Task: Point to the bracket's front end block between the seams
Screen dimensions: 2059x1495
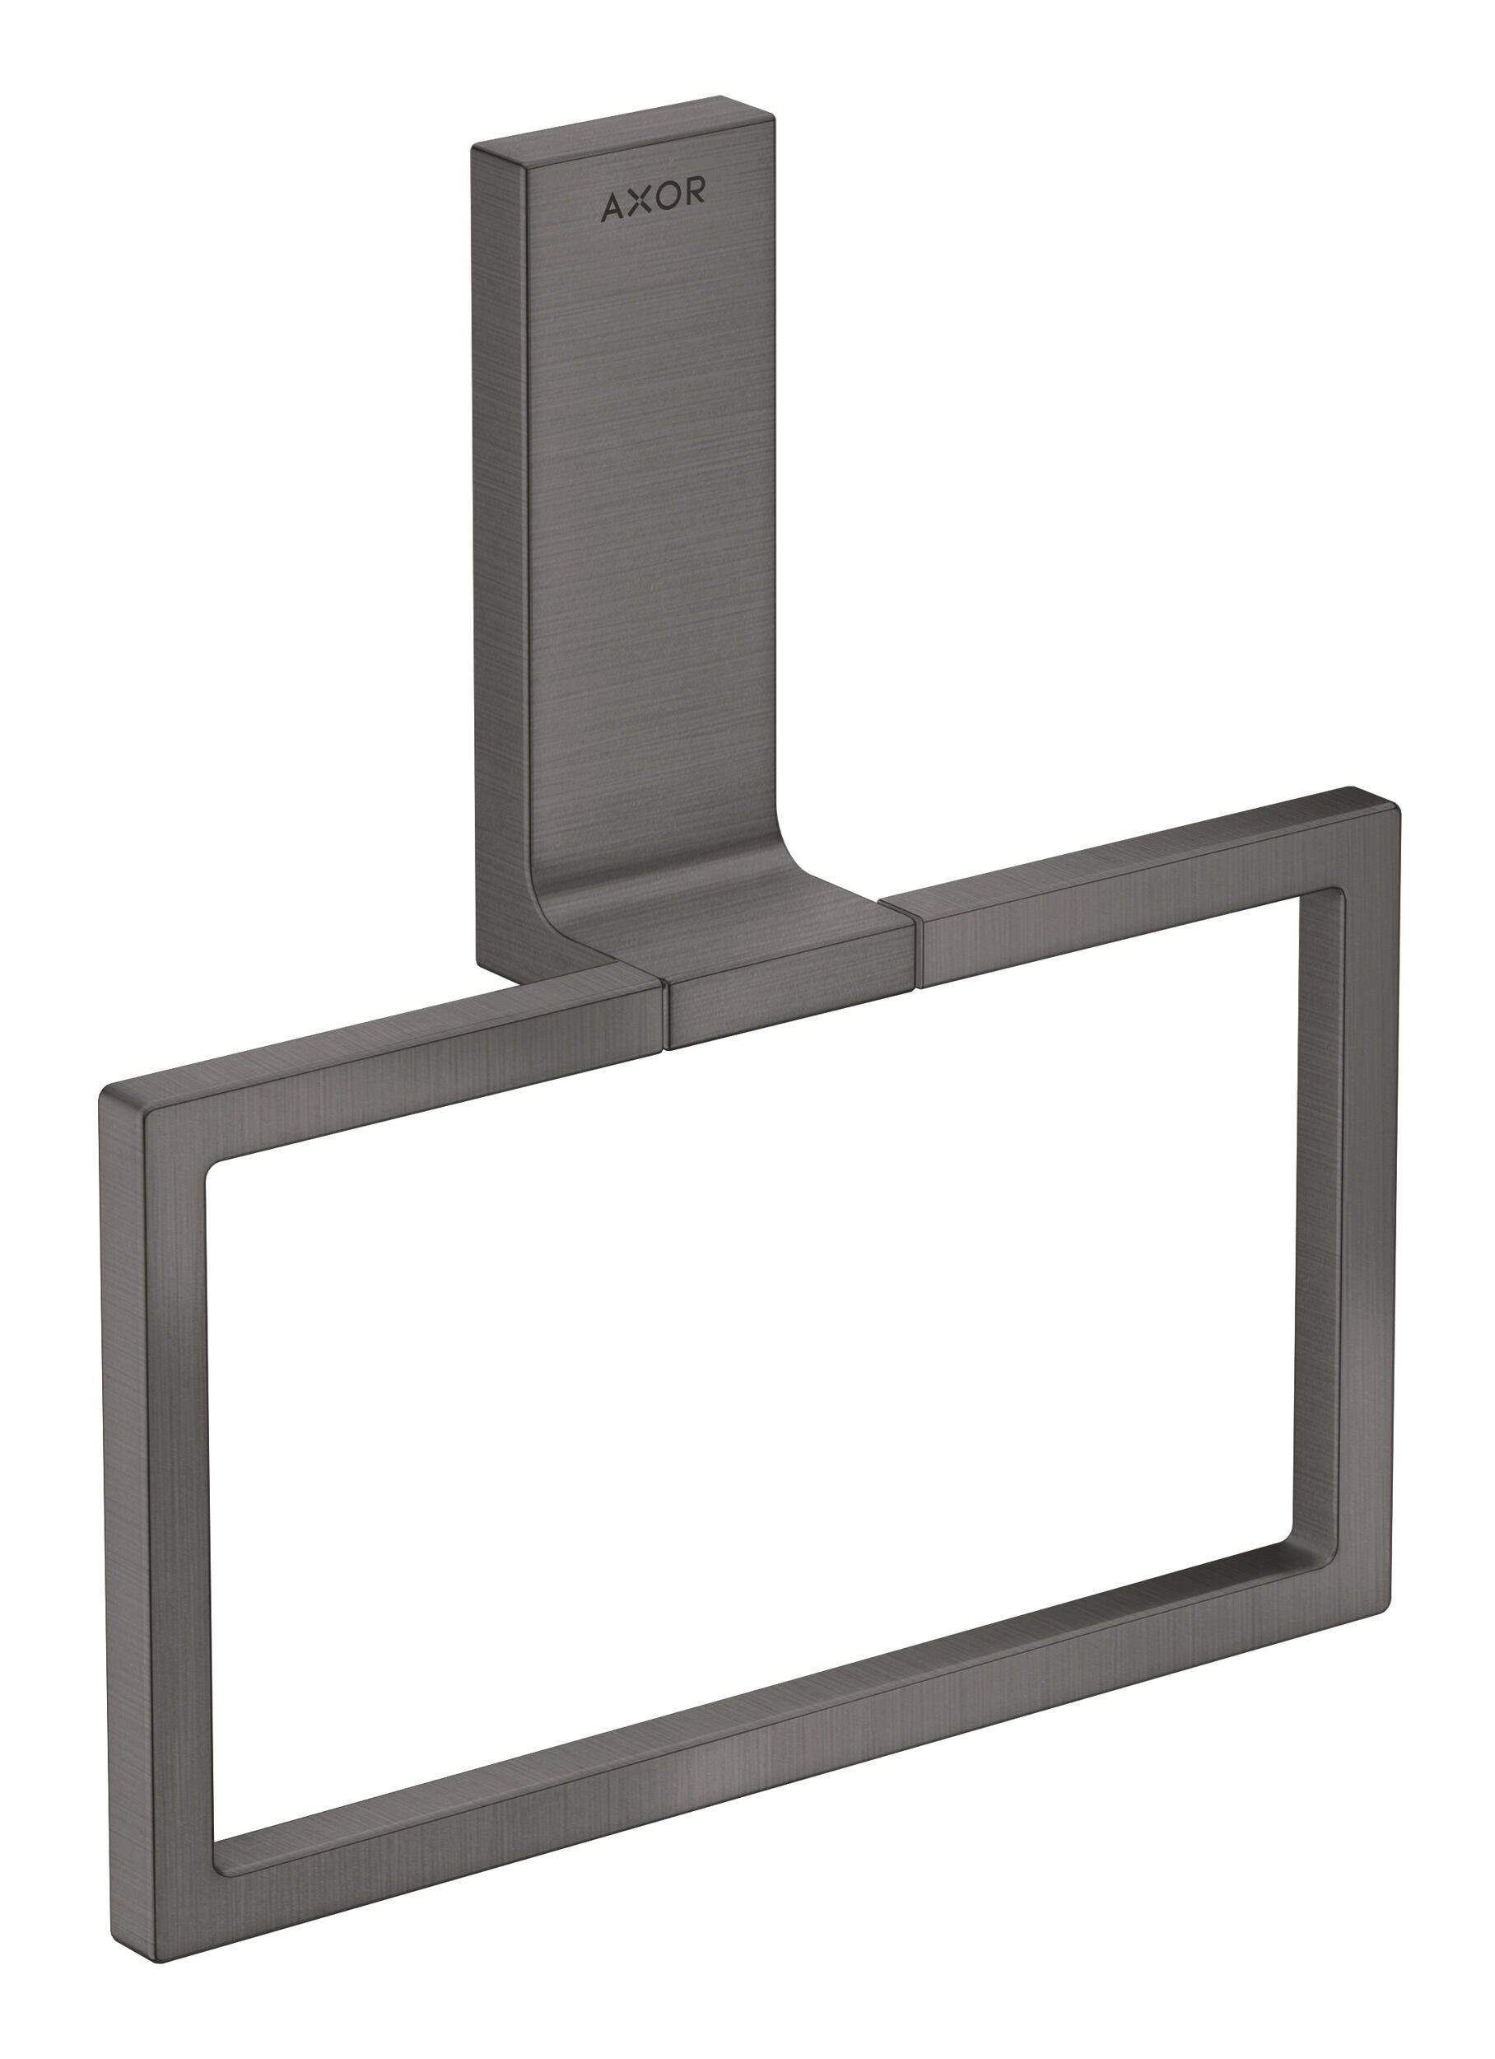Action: [x=789, y=1008]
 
